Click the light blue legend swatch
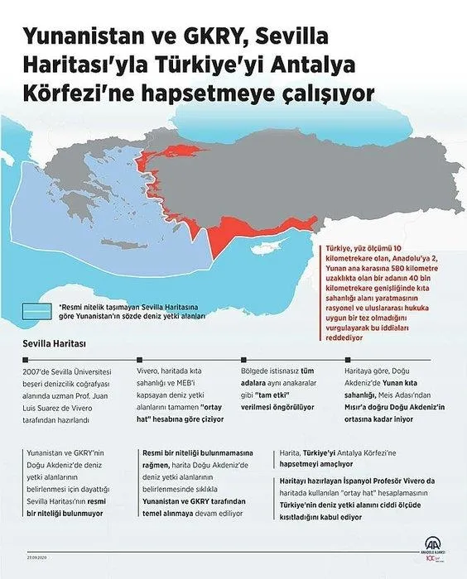(x=38, y=310)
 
